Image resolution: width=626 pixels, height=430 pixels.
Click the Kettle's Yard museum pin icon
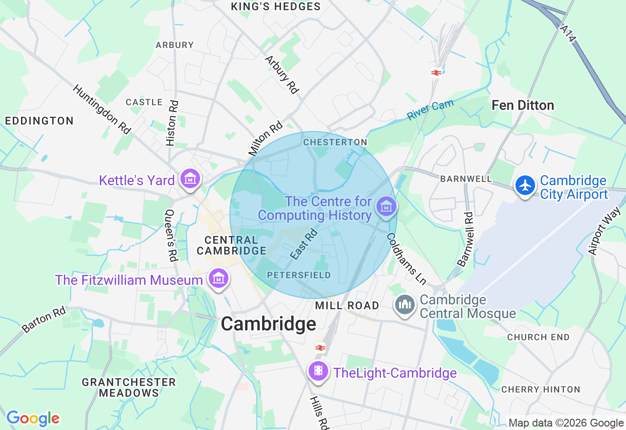tap(190, 179)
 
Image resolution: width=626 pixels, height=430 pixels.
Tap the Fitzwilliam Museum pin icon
tap(218, 279)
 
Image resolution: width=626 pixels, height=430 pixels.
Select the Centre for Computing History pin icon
tap(386, 207)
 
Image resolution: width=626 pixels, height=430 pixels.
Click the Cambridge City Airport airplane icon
tap(525, 186)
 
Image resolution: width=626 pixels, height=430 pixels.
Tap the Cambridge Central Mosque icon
tap(405, 305)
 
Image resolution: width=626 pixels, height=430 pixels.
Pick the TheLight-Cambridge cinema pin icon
tap(318, 371)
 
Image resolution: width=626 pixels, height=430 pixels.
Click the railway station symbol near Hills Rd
tap(320, 348)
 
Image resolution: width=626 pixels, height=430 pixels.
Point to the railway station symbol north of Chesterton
tap(436, 73)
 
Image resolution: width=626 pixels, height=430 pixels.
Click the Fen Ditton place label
tap(523, 105)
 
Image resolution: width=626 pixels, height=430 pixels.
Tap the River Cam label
tap(430, 109)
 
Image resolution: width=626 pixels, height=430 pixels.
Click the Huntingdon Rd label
tap(102, 109)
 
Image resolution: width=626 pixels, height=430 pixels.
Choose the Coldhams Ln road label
tap(406, 258)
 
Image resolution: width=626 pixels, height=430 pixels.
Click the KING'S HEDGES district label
tap(276, 7)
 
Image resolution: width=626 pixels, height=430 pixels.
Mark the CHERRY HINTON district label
tap(540, 389)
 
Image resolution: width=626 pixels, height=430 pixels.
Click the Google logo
tap(33, 418)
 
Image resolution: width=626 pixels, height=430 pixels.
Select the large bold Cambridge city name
tap(268, 324)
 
